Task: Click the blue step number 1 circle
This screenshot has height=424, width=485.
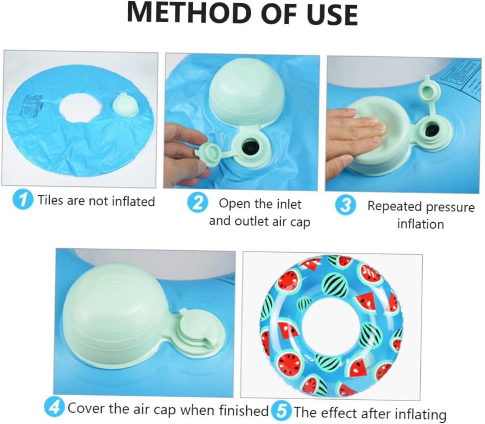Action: point(23,200)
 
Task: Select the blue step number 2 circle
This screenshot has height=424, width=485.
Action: point(198,202)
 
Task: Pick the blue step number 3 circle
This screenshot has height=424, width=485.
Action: point(345,205)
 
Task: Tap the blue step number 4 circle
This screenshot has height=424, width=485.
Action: point(54,406)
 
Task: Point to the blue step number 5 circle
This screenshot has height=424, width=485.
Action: point(281,411)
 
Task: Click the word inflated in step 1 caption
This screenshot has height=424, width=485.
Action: point(133,201)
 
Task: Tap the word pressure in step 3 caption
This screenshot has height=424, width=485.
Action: point(448,207)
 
